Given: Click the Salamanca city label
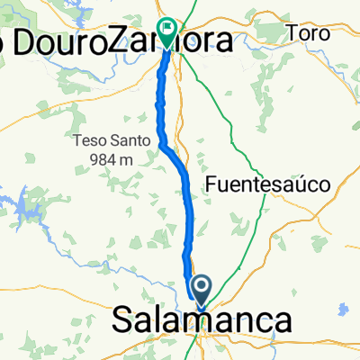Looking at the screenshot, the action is click(202, 321).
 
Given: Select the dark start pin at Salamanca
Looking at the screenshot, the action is click(201, 290).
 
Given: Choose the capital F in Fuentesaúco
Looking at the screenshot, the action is click(211, 184).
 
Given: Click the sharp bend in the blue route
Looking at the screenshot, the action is click(162, 142).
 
